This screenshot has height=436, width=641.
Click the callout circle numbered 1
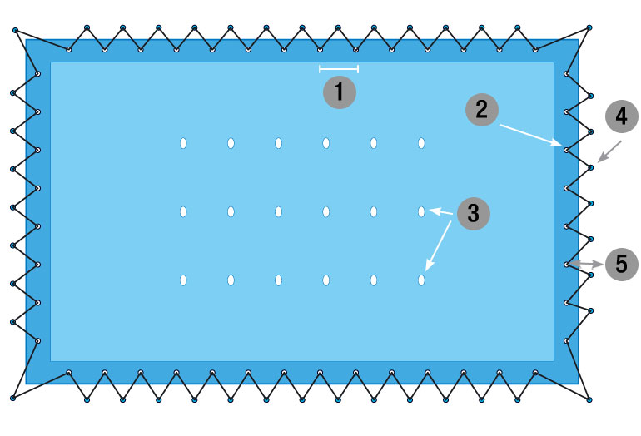pyautogui.click(x=339, y=92)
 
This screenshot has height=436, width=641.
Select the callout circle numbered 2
pyautogui.click(x=481, y=109)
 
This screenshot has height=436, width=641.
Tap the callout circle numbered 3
pyautogui.click(x=473, y=212)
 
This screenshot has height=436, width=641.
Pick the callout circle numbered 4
pyautogui.click(x=620, y=116)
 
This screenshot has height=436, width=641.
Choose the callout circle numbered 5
pyautogui.click(x=620, y=265)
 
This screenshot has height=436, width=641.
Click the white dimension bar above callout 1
pyautogui.click(x=339, y=69)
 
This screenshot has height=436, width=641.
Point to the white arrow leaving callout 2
pyautogui.click(x=529, y=135)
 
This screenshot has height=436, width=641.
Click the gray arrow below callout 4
pyautogui.click(x=609, y=151)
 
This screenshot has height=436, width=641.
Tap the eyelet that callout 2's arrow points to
pyautogui.click(x=566, y=151)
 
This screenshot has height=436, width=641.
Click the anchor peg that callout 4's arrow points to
pyautogui.click(x=591, y=167)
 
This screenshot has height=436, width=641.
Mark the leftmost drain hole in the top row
pyautogui.click(x=183, y=144)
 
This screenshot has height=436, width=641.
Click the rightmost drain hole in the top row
pyautogui.click(x=421, y=144)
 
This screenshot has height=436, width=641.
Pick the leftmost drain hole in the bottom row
pyautogui.click(x=183, y=280)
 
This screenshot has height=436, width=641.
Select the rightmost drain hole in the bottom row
pyautogui.click(x=421, y=280)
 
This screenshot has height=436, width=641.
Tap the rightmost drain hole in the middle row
pyautogui.click(x=421, y=212)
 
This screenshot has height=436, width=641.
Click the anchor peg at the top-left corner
pyautogui.click(x=15, y=31)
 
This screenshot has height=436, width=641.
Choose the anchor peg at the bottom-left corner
pyautogui.click(x=13, y=398)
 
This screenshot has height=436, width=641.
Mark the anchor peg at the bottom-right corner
pyautogui.click(x=589, y=399)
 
